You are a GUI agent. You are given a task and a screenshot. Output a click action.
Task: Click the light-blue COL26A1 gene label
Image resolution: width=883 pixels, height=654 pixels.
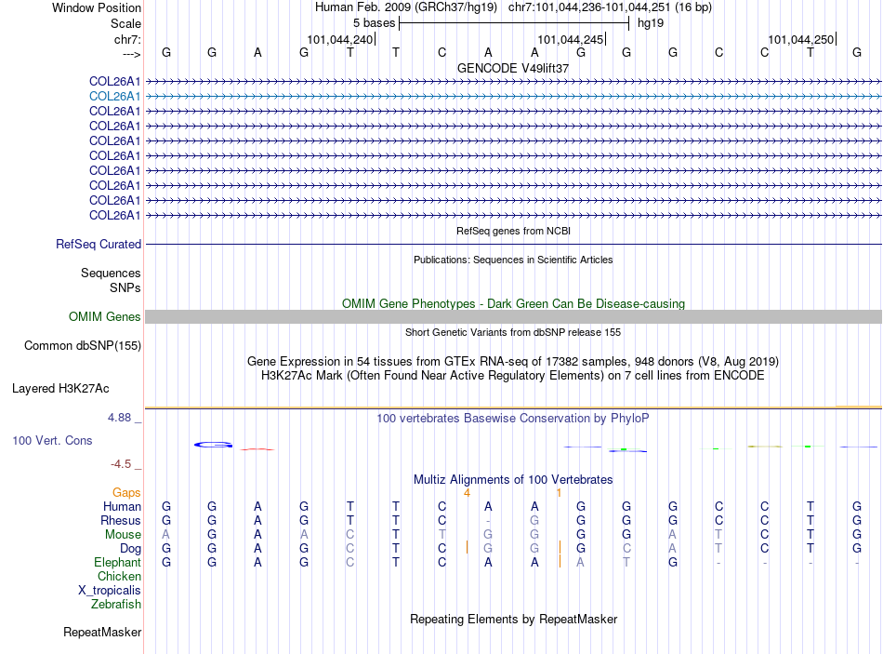(115, 96)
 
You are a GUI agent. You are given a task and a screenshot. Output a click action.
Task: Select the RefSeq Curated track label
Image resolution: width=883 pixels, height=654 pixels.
(99, 245)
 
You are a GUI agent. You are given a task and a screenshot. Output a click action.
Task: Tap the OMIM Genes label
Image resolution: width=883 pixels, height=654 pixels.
(105, 317)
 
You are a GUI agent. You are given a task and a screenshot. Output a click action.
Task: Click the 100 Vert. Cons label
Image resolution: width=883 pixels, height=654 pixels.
(52, 440)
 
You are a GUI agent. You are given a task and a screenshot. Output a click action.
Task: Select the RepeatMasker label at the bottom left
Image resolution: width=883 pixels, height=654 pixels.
(102, 633)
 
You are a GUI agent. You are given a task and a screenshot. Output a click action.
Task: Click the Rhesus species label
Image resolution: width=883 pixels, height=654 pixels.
(121, 520)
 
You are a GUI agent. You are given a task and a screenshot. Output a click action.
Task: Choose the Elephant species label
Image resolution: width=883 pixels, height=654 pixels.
(117, 563)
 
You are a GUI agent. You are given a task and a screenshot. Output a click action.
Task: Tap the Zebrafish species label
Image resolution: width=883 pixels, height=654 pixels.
(116, 605)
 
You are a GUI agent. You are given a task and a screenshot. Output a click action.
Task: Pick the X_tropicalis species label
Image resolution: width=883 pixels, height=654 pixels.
(110, 591)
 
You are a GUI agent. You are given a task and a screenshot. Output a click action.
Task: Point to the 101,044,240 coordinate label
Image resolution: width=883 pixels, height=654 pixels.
(340, 40)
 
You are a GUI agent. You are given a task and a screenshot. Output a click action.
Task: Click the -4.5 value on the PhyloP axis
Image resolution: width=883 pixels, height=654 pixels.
(122, 463)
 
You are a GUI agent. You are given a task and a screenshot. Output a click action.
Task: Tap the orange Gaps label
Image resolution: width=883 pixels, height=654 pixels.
(126, 492)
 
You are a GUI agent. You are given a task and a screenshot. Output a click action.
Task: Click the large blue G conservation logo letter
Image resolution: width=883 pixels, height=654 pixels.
(213, 445)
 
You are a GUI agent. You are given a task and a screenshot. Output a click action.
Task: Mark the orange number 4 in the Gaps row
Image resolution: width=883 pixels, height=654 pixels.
(467, 492)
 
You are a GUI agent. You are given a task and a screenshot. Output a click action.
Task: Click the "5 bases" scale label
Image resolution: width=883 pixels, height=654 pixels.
(373, 23)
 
